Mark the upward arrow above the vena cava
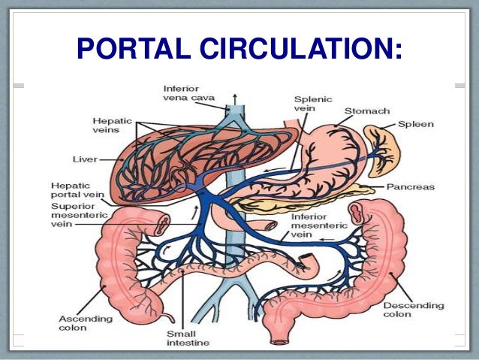pyautogui.click(x=234, y=98)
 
